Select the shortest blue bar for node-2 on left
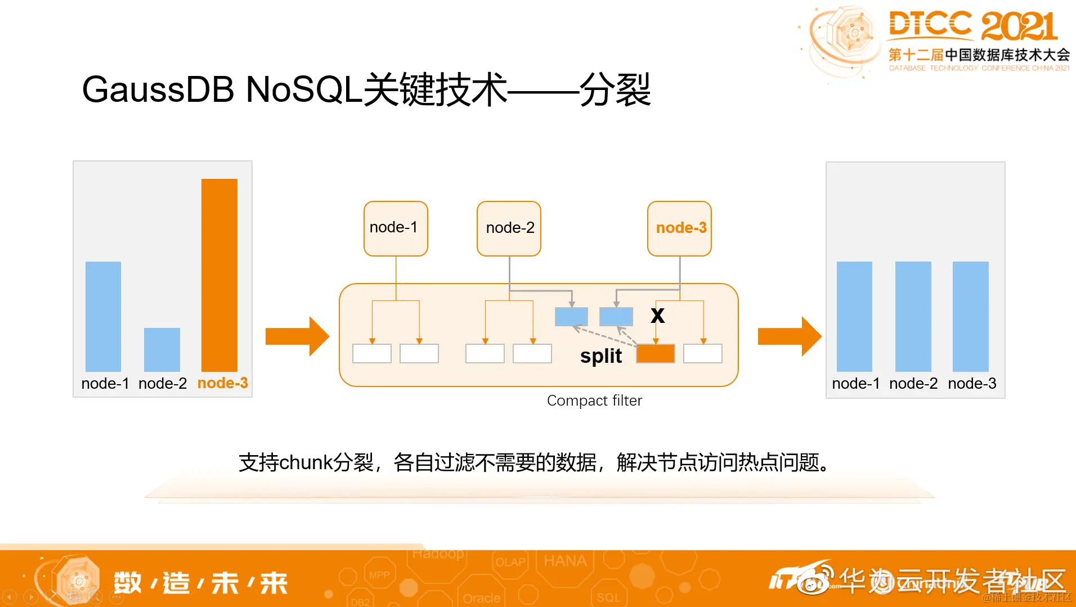(x=162, y=349)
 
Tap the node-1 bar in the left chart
(x=103, y=316)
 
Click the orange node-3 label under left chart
(x=223, y=383)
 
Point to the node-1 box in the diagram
(x=396, y=228)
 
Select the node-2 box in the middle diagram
(x=509, y=228)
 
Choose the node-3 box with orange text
(x=680, y=228)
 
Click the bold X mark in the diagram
(x=657, y=316)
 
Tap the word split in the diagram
(x=601, y=356)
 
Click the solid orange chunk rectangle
(x=656, y=354)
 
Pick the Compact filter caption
(x=594, y=401)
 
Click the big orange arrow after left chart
(x=297, y=336)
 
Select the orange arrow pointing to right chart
(x=790, y=336)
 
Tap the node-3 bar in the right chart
(x=970, y=316)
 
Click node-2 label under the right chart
(x=913, y=384)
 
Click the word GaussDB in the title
(x=158, y=90)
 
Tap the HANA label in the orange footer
(x=565, y=561)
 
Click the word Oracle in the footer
(x=482, y=598)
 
